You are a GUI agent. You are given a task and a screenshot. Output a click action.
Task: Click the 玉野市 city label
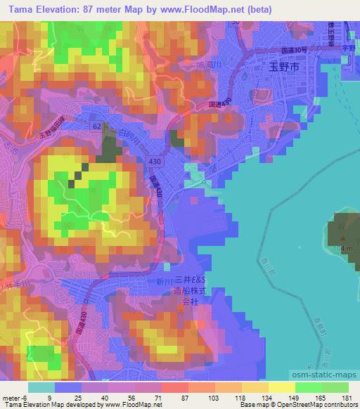point(284,67)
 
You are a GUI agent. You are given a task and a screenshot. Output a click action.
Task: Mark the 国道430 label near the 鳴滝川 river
point(215,105)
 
